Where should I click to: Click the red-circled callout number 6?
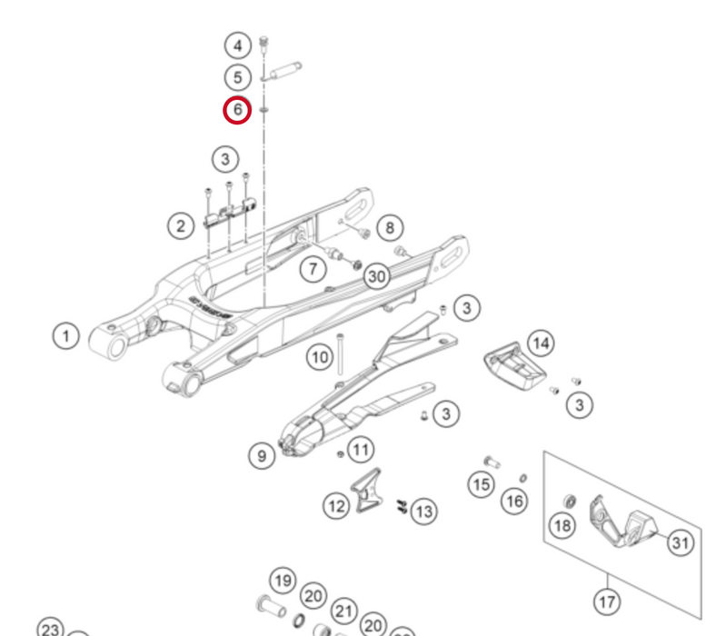point(237,111)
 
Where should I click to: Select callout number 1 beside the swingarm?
point(65,337)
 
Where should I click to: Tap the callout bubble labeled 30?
point(376,276)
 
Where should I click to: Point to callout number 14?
point(541,343)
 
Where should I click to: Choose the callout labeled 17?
point(607,601)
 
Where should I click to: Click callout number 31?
point(680,542)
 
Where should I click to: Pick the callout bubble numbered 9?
point(262,455)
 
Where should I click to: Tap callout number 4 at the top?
point(237,45)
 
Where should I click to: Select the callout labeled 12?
point(337,504)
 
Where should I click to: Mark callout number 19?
point(283,581)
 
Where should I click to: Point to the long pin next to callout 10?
point(340,354)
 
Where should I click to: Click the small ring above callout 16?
point(524,478)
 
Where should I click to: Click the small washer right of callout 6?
point(264,111)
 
